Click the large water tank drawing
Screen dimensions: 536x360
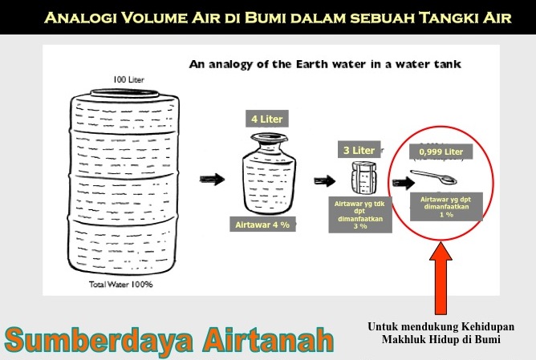pos(124,181)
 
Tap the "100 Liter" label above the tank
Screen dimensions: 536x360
pos(128,79)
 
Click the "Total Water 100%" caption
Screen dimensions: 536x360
pos(121,284)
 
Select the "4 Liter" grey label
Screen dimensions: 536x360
pos(267,119)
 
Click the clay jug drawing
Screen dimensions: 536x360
pos(269,174)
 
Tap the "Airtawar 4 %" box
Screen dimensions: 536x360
pos(262,224)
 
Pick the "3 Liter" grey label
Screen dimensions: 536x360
pos(359,150)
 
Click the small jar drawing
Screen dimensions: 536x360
pos(363,178)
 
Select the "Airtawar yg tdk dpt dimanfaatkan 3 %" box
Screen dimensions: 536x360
pos(359,215)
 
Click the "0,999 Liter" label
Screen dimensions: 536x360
pos(441,152)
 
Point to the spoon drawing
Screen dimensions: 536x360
pos(433,177)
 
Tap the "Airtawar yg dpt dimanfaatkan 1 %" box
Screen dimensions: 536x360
pos(446,207)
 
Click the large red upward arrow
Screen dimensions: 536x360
pos(441,278)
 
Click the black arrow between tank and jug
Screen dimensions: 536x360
pos(213,179)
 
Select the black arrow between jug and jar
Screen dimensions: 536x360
pos(325,180)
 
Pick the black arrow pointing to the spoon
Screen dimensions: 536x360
pos(404,183)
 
